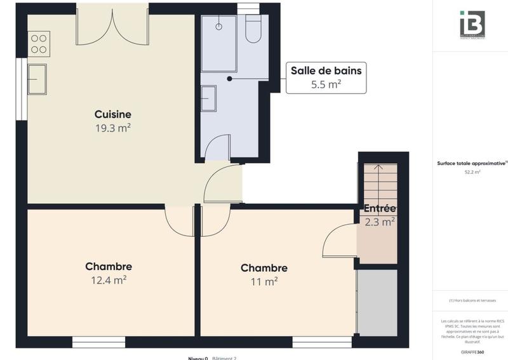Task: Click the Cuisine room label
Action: pyautogui.click(x=112, y=114)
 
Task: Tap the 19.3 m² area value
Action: pyautogui.click(x=112, y=128)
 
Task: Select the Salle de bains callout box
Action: pyautogui.click(x=326, y=77)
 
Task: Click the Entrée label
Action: pyautogui.click(x=380, y=208)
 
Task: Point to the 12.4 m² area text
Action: pyautogui.click(x=109, y=279)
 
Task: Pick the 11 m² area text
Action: pyautogui.click(x=264, y=281)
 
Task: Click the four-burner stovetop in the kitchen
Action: pyautogui.click(x=39, y=44)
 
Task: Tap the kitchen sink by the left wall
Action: pyautogui.click(x=37, y=79)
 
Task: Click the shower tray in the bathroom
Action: pyautogui.click(x=218, y=43)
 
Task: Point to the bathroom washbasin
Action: pyautogui.click(x=208, y=98)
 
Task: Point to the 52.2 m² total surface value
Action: pyautogui.click(x=472, y=172)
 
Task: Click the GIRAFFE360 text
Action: pyautogui.click(x=472, y=352)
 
